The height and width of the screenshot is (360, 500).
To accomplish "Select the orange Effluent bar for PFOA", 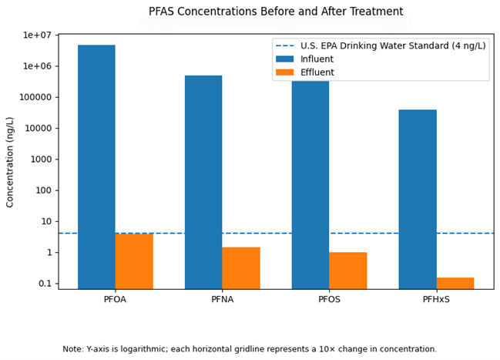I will tap(134, 261).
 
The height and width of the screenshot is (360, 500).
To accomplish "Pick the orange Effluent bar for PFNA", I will tap(241, 267).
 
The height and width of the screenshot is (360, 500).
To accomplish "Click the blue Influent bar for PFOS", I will tap(310, 185).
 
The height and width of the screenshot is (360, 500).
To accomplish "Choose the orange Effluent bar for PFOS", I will tap(348, 271).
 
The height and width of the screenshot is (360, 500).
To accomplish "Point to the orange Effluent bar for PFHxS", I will tap(455, 283).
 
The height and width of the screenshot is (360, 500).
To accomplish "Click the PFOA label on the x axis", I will tap(116, 300).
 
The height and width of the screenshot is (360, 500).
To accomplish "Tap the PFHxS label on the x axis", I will tap(436, 300).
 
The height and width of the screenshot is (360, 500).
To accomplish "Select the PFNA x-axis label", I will tap(222, 300).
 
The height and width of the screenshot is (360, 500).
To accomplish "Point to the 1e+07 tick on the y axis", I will tap(37, 35).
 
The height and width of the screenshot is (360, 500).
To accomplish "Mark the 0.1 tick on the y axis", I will tap(44, 284).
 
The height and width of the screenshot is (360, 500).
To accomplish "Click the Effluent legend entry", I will tap(317, 72).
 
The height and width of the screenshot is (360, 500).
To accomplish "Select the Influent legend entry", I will tap(316, 59).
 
